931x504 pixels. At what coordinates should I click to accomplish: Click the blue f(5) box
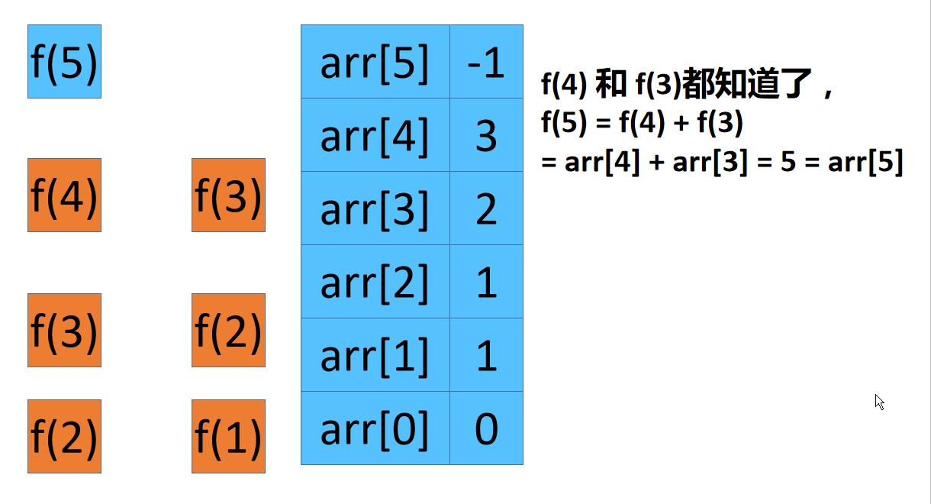(x=64, y=62)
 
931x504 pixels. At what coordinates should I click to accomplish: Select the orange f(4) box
(x=64, y=195)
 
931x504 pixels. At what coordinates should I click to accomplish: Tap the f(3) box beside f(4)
(x=228, y=195)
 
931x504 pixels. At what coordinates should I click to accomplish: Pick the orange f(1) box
(x=228, y=436)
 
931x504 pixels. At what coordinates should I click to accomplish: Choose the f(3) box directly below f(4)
(x=64, y=330)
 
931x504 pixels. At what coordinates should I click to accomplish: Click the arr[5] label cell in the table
(x=375, y=62)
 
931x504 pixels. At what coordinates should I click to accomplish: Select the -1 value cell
(x=486, y=62)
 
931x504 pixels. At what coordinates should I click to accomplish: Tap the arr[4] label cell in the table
(x=375, y=135)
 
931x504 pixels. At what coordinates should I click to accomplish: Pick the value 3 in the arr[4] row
(x=486, y=135)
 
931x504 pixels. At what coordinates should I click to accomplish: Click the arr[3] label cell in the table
(x=375, y=208)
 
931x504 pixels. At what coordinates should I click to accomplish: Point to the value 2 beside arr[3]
(x=486, y=208)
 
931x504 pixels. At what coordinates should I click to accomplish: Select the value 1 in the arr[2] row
(x=486, y=282)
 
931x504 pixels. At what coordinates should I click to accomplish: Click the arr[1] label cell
(x=375, y=355)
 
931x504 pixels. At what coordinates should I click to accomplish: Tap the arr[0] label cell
(x=375, y=428)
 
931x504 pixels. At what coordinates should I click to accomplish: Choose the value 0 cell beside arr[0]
(x=486, y=428)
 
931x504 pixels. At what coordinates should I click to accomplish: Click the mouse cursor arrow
(x=879, y=402)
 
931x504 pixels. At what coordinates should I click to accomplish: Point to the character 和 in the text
(x=610, y=85)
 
